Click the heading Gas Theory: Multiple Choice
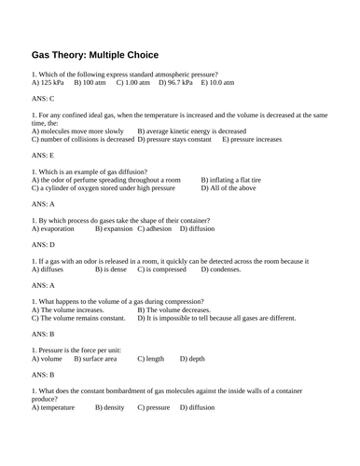94,54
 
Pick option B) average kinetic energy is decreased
192,131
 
